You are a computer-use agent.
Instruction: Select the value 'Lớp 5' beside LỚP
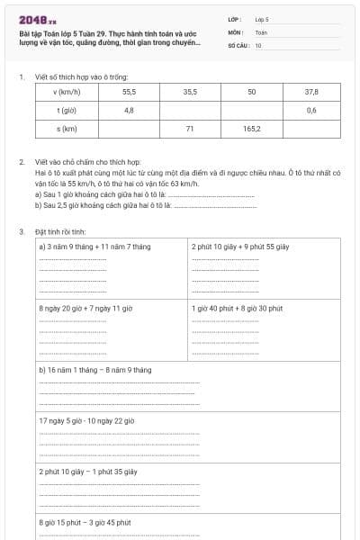pos(262,18)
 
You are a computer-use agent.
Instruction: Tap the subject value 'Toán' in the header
pos(261,31)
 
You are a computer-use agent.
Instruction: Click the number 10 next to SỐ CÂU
pos(258,44)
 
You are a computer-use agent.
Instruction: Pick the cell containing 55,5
pos(129,93)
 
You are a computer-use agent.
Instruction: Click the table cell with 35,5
pos(190,93)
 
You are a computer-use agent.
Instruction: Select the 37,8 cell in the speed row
pos(311,93)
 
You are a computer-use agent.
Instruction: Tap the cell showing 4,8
pos(129,110)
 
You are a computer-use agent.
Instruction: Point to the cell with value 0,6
pos(311,110)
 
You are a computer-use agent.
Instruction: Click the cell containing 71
pos(190,129)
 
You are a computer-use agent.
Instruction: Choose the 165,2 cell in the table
pos(251,129)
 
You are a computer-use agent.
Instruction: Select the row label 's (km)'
pos(66,129)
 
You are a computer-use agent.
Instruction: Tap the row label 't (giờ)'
pos(66,110)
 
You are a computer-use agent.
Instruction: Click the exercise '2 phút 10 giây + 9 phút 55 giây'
pos(239,246)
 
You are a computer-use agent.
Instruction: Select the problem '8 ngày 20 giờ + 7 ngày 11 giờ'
pos(85,308)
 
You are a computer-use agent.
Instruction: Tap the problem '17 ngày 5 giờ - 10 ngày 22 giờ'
pos(86,420)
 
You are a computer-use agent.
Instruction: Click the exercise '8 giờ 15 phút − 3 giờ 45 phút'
pos(85,522)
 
